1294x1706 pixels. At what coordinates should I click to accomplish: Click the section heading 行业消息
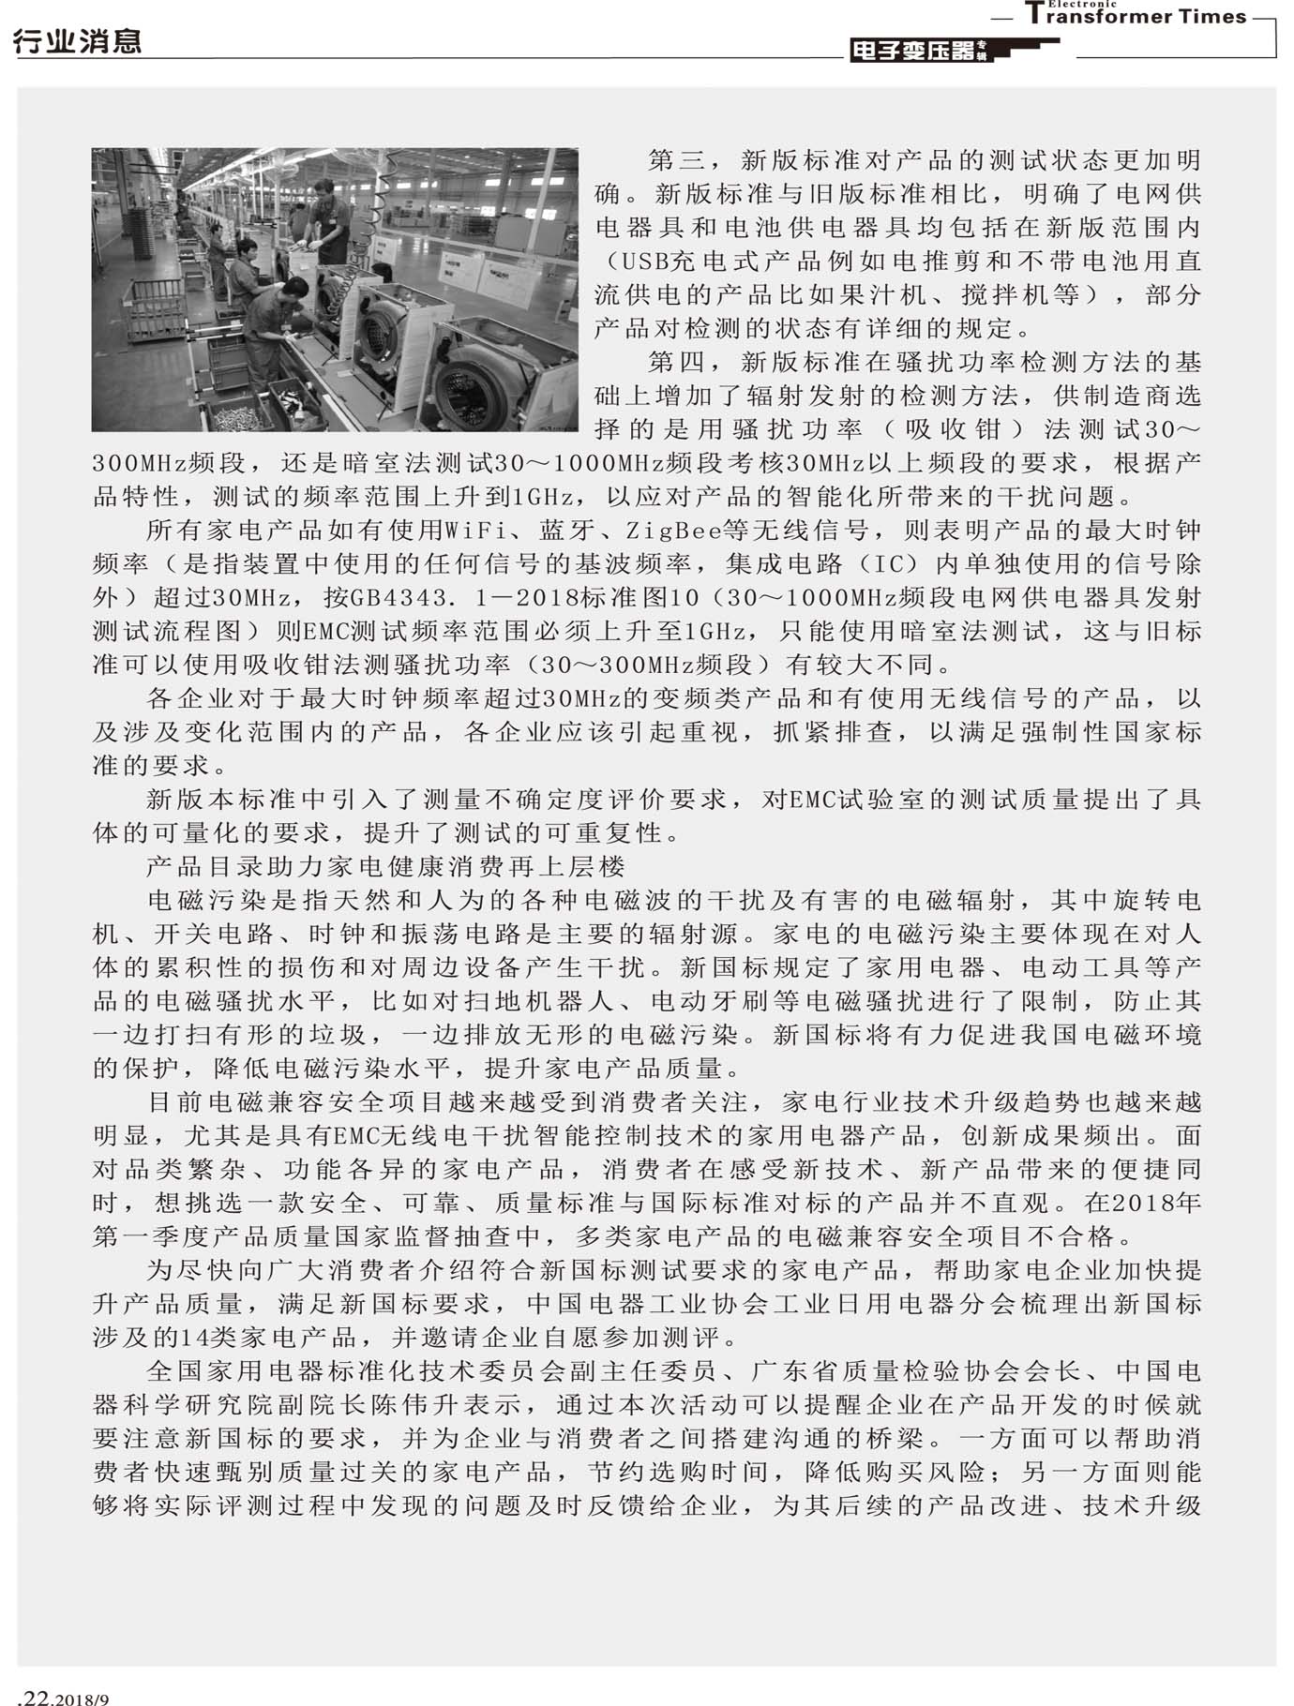point(78,41)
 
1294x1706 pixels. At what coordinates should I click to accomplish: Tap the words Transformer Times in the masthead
point(1136,16)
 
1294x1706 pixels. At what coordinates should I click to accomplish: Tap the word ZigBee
point(674,531)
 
